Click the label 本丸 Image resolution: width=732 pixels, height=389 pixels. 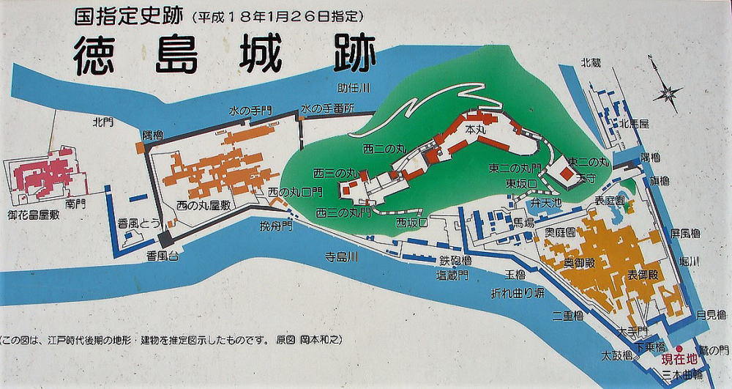pos(476,129)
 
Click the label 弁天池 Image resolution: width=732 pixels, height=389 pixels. pos(546,201)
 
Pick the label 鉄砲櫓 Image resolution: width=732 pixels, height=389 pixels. pos(455,261)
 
